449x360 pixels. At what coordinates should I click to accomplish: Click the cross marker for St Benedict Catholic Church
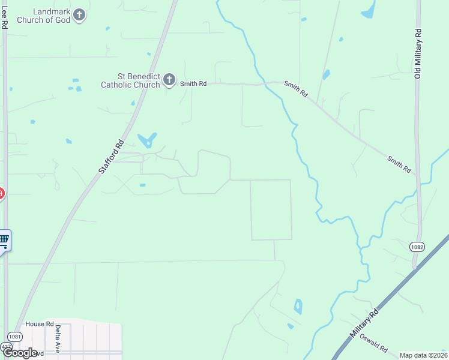tap(169, 80)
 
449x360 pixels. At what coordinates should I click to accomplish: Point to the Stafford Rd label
tap(111, 157)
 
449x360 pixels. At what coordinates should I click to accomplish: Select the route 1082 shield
tap(418, 247)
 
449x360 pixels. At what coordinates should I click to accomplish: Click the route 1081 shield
tap(15, 337)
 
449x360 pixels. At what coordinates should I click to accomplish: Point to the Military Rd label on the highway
tap(365, 326)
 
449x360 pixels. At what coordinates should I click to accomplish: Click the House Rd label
tap(40, 324)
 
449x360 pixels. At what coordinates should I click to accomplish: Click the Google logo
tap(20, 353)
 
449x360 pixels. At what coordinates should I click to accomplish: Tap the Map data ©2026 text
tap(423, 355)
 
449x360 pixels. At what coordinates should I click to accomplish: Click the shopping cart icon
tap(4, 241)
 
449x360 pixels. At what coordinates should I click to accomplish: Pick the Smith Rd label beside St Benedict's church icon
tap(194, 84)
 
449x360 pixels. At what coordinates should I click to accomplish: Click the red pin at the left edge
tap(1, 194)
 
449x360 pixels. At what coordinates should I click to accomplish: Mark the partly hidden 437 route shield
tap(5, 347)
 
